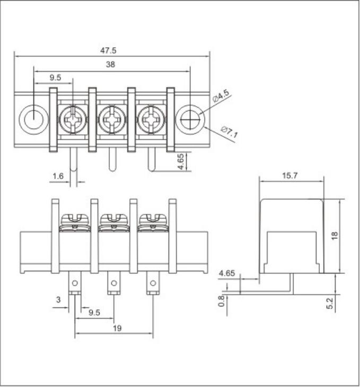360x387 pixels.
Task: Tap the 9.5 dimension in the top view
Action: (x=55, y=78)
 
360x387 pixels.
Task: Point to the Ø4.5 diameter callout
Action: (x=221, y=97)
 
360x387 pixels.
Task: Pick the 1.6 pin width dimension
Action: (x=58, y=176)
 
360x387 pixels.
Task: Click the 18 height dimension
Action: (x=335, y=236)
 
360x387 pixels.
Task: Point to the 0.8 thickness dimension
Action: (x=222, y=301)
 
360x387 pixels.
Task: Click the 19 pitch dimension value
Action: (x=117, y=328)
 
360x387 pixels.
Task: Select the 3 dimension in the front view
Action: (x=58, y=300)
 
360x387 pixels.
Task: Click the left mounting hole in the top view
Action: (x=33, y=119)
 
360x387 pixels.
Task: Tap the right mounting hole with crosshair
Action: (x=190, y=119)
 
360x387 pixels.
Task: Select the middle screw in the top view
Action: (x=112, y=119)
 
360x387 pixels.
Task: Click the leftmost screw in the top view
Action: (x=73, y=119)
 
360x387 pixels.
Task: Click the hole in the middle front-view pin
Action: (x=113, y=282)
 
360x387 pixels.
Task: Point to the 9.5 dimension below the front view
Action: (x=94, y=313)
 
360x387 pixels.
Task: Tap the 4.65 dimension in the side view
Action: (x=227, y=274)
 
